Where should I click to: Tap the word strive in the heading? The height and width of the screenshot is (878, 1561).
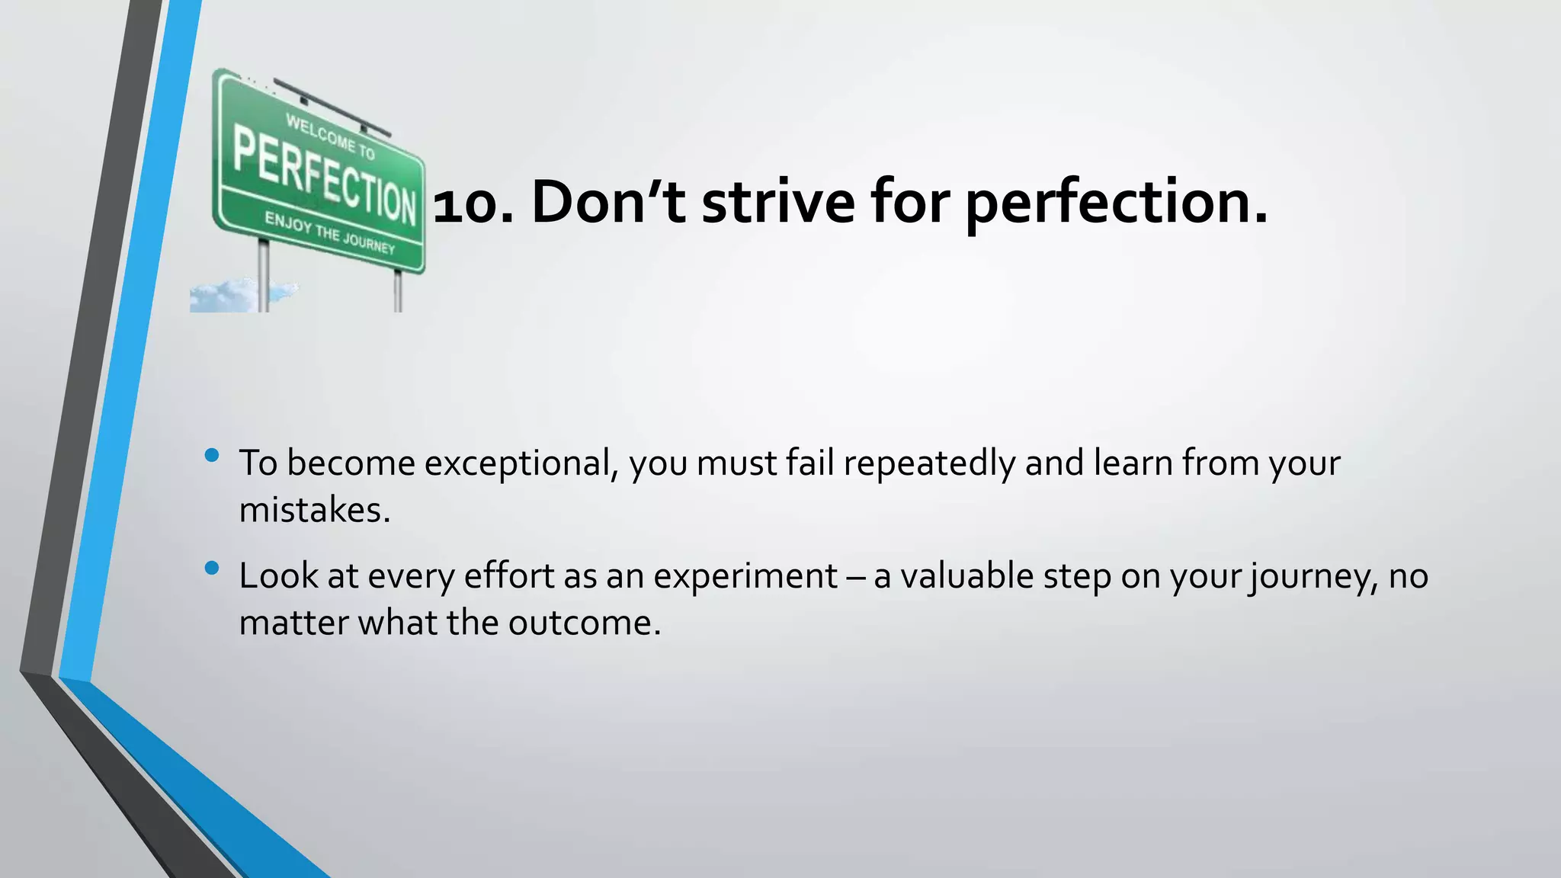pyautogui.click(x=778, y=203)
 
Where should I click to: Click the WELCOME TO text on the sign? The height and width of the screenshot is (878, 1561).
pyautogui.click(x=330, y=136)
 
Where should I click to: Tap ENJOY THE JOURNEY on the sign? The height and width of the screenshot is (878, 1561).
pyautogui.click(x=329, y=232)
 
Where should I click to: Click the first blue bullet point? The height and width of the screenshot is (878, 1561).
pyautogui.click(x=212, y=456)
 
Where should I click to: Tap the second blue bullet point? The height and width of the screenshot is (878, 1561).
pyautogui.click(x=212, y=568)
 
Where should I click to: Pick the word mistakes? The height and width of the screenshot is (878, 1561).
pyautogui.click(x=313, y=510)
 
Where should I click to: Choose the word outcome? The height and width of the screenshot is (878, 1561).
pyautogui.click(x=583, y=623)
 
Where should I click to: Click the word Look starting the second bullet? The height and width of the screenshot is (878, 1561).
pyautogui.click(x=278, y=576)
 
